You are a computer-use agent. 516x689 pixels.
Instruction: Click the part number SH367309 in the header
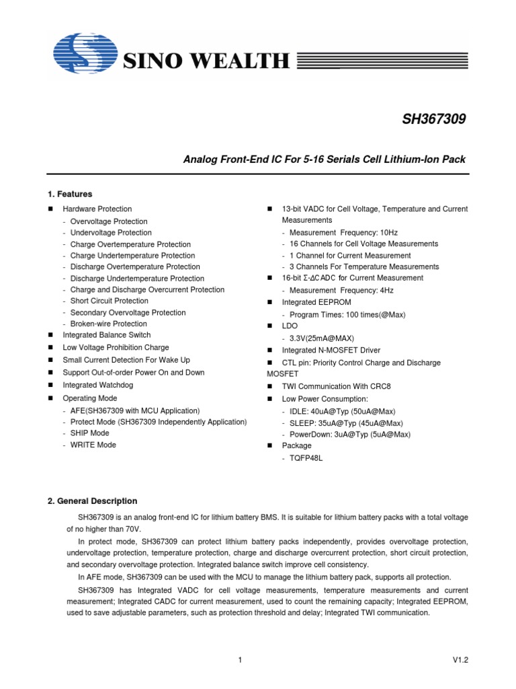pos(433,120)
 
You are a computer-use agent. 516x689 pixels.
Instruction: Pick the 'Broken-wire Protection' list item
pos(108,324)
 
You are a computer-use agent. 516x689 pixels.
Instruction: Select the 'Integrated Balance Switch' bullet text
pos(107,335)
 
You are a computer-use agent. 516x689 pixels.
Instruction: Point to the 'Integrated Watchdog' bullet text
pos(97,385)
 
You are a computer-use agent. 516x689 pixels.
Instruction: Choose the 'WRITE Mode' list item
pos(93,445)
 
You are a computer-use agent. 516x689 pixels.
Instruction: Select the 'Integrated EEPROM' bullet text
pos(316,303)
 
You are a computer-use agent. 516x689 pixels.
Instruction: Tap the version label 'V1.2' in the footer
pos(460,661)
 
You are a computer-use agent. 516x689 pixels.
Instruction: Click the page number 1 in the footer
pos(240,661)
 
